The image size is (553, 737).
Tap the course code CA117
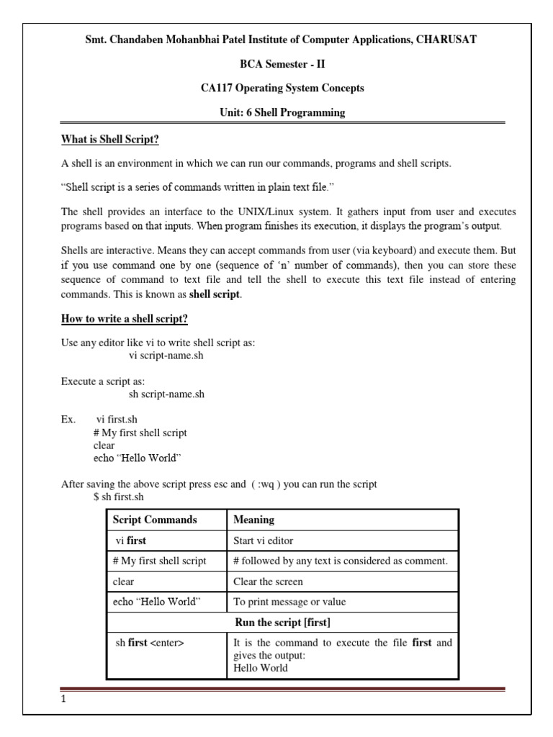(x=219, y=89)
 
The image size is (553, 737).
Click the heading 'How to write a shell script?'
(x=124, y=319)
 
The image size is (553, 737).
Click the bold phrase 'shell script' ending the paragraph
(x=215, y=294)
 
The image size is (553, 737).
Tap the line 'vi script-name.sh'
(x=166, y=356)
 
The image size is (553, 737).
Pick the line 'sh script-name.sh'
(x=166, y=394)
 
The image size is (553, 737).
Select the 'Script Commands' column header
(x=155, y=520)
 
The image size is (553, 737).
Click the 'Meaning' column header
(x=254, y=520)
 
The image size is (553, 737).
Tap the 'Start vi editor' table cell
(x=264, y=541)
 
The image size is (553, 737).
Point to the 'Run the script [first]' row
(x=282, y=622)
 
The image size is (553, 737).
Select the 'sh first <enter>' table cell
(x=150, y=643)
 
